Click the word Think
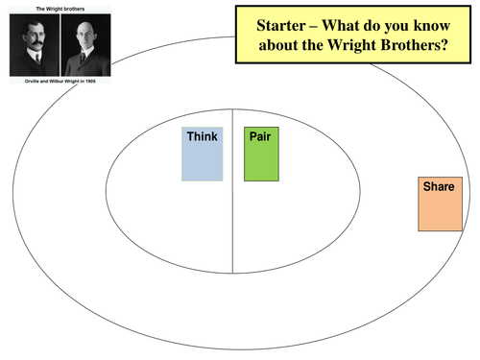[201, 136]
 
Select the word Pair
[259, 136]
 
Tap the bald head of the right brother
[85, 22]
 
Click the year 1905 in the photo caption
[101, 83]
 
